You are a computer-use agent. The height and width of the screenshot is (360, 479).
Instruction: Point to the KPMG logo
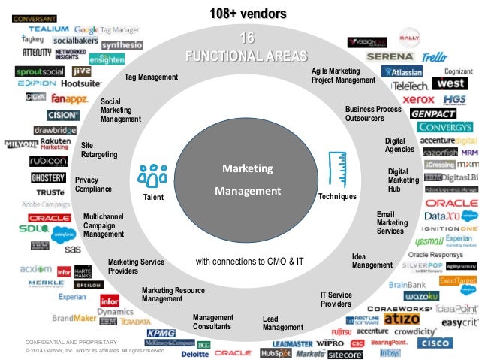(x=161, y=333)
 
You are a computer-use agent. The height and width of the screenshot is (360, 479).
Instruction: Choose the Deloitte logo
(x=194, y=352)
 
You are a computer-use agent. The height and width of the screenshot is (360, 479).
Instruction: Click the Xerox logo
(x=418, y=98)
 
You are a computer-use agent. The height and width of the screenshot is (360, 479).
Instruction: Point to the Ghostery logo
(x=48, y=177)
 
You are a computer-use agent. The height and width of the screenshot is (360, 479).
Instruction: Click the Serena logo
(x=390, y=56)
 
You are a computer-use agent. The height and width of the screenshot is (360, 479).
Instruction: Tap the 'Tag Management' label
(x=151, y=77)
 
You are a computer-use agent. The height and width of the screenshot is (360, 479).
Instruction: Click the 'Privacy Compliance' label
(x=93, y=185)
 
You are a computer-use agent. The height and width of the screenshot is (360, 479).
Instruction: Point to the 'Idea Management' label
(x=372, y=261)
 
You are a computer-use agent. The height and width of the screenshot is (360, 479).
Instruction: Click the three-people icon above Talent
(x=153, y=175)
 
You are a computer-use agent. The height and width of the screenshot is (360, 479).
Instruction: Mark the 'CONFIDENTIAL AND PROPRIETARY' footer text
(x=72, y=343)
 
